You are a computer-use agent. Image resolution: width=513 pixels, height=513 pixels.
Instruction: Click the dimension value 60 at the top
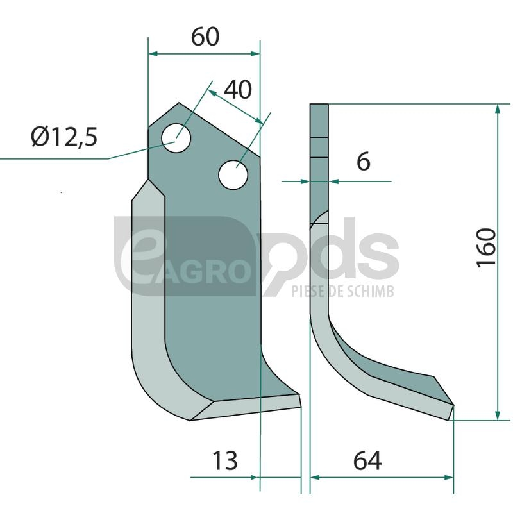205,37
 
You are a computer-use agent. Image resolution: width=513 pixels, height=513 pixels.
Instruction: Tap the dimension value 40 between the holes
238,90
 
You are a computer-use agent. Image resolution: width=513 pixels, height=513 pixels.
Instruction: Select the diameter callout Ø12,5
65,137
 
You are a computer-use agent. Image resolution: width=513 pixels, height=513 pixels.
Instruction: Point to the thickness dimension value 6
364,162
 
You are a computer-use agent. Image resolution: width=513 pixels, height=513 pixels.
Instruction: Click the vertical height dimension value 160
486,248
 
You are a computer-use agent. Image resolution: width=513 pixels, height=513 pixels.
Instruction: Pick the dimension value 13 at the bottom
225,460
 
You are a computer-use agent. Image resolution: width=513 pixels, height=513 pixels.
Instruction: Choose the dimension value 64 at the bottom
367,461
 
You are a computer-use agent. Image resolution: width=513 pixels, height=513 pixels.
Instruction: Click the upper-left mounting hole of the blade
176,138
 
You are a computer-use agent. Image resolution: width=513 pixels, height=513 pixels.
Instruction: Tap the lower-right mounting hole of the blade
233,174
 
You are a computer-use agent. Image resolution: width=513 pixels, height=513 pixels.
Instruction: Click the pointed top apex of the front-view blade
179,103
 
